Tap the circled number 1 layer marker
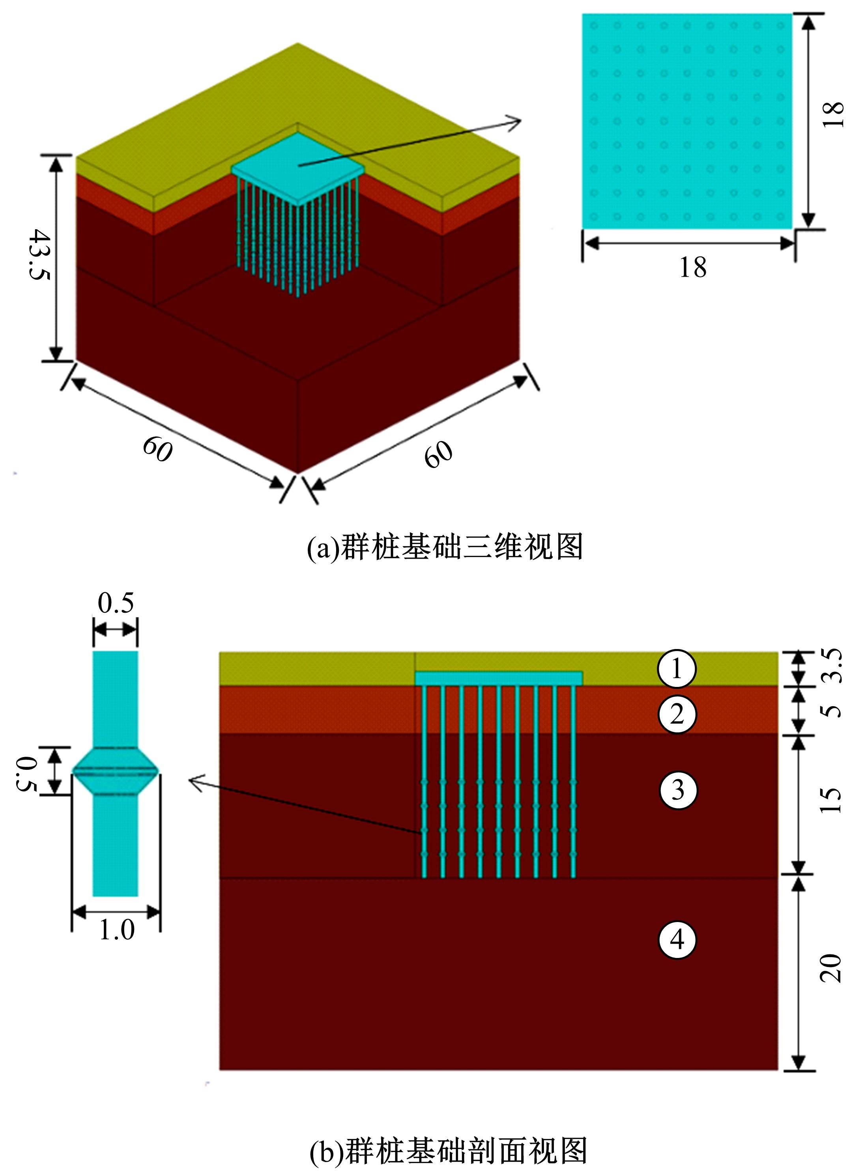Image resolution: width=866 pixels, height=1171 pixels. pos(677,668)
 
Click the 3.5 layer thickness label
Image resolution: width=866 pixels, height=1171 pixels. pos(831,666)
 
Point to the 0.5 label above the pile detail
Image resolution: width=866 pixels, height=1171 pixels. pos(116,602)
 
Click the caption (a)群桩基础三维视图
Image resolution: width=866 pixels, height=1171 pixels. pos(445,547)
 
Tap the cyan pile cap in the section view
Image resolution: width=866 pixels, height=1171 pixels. pos(499,678)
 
